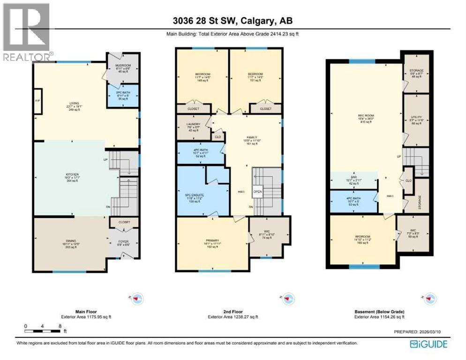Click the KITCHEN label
(72, 173)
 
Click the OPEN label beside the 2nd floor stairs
(258, 191)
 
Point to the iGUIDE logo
(428, 345)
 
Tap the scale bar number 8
(60, 326)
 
